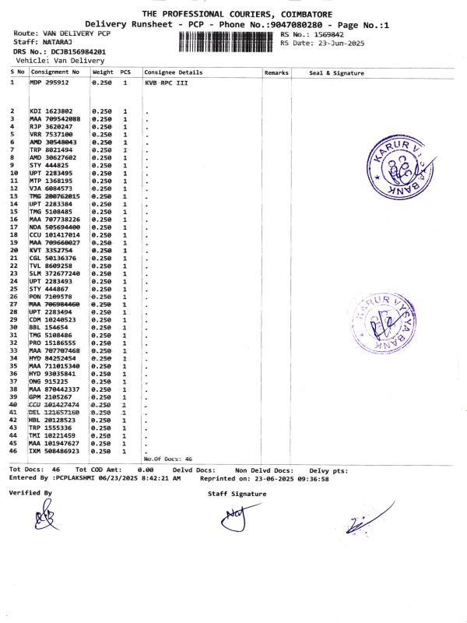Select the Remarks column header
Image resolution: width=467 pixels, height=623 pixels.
coord(276,72)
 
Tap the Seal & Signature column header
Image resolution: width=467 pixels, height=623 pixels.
coord(336,72)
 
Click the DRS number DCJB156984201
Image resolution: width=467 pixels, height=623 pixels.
coord(79,51)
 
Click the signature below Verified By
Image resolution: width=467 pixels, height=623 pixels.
coord(45,517)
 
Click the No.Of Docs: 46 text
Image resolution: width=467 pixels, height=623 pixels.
coord(167,459)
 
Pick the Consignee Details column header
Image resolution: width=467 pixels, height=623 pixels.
coord(174,72)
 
